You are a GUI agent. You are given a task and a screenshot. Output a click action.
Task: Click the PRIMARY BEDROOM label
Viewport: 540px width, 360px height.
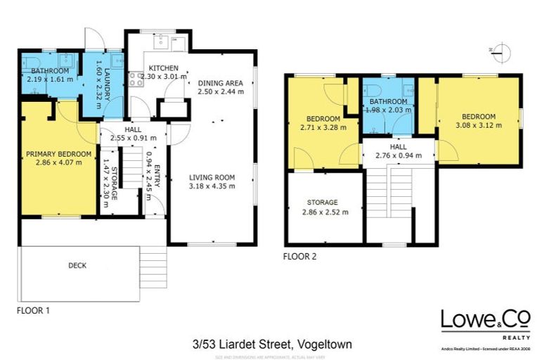58,153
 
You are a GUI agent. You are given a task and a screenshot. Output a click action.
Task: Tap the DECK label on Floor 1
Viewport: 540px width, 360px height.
77,265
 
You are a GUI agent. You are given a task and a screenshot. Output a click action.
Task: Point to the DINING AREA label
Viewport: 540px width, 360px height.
220,82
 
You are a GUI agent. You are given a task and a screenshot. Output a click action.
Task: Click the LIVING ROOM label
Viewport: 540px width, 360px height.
212,177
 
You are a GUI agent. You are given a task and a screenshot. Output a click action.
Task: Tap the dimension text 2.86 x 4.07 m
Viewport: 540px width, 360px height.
58,162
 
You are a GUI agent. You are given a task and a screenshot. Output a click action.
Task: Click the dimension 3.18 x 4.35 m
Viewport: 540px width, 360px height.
212,186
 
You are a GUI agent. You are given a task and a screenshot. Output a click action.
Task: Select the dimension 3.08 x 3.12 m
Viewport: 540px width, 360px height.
479,126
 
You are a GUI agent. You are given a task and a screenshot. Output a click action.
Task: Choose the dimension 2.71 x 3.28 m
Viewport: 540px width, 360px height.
323,128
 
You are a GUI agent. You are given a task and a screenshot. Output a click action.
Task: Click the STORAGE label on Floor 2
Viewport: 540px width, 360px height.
325,202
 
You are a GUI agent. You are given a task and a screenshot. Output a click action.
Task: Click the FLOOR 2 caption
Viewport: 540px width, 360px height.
300,257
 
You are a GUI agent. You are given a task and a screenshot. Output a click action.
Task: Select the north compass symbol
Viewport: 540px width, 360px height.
498,50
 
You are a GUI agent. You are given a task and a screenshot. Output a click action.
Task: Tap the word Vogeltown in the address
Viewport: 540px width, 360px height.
324,345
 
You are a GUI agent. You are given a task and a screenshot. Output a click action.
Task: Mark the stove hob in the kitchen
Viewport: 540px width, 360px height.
136,78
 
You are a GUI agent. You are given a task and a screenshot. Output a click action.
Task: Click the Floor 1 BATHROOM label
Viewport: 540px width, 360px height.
49,71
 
